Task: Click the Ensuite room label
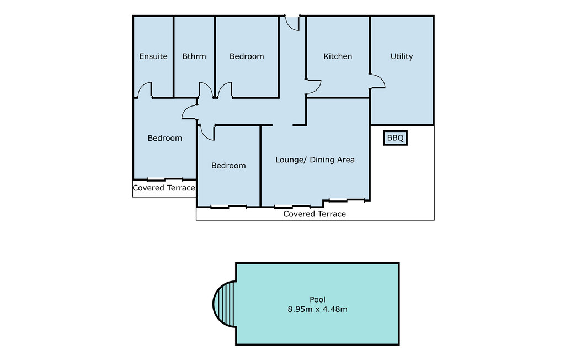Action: tap(153, 56)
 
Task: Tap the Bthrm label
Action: tap(194, 56)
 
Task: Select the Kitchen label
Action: tap(338, 56)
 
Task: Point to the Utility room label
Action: tap(402, 56)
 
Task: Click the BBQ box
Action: tap(395, 138)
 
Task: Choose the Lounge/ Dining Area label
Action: tap(315, 160)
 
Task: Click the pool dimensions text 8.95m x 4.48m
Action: tap(317, 309)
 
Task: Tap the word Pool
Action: tap(317, 299)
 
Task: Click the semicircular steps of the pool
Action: tap(224, 304)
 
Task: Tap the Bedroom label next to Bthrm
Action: tap(247, 56)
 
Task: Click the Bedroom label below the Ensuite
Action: tap(164, 138)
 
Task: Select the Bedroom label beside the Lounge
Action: tap(228, 166)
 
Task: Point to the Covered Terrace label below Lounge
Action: tap(315, 214)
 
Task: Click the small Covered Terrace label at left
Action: tap(164, 188)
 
